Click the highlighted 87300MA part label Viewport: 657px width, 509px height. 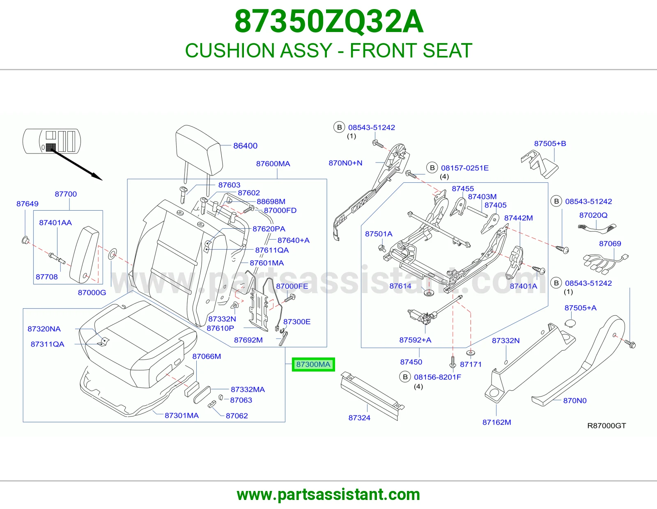click(x=313, y=364)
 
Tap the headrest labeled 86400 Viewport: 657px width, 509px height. click(x=199, y=150)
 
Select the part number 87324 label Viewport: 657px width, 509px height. click(x=359, y=418)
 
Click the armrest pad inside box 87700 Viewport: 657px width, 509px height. click(x=84, y=255)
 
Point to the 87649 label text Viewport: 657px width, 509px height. click(x=28, y=204)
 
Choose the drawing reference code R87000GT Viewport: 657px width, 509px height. click(x=606, y=426)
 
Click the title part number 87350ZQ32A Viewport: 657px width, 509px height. click(x=328, y=21)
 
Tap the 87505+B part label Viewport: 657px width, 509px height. click(x=550, y=144)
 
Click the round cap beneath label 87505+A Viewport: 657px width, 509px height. click(x=570, y=323)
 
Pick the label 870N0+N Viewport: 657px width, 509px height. click(x=345, y=163)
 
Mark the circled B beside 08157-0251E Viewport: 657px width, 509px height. click(x=432, y=168)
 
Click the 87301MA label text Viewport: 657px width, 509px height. click(x=182, y=415)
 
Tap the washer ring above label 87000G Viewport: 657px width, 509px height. click(x=113, y=254)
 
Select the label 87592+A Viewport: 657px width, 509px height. click(x=415, y=340)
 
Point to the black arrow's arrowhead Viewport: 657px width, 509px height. click(x=97, y=177)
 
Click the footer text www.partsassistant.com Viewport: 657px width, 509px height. click(x=328, y=495)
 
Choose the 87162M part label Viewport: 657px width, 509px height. click(x=497, y=422)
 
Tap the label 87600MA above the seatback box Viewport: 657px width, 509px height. click(x=273, y=164)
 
